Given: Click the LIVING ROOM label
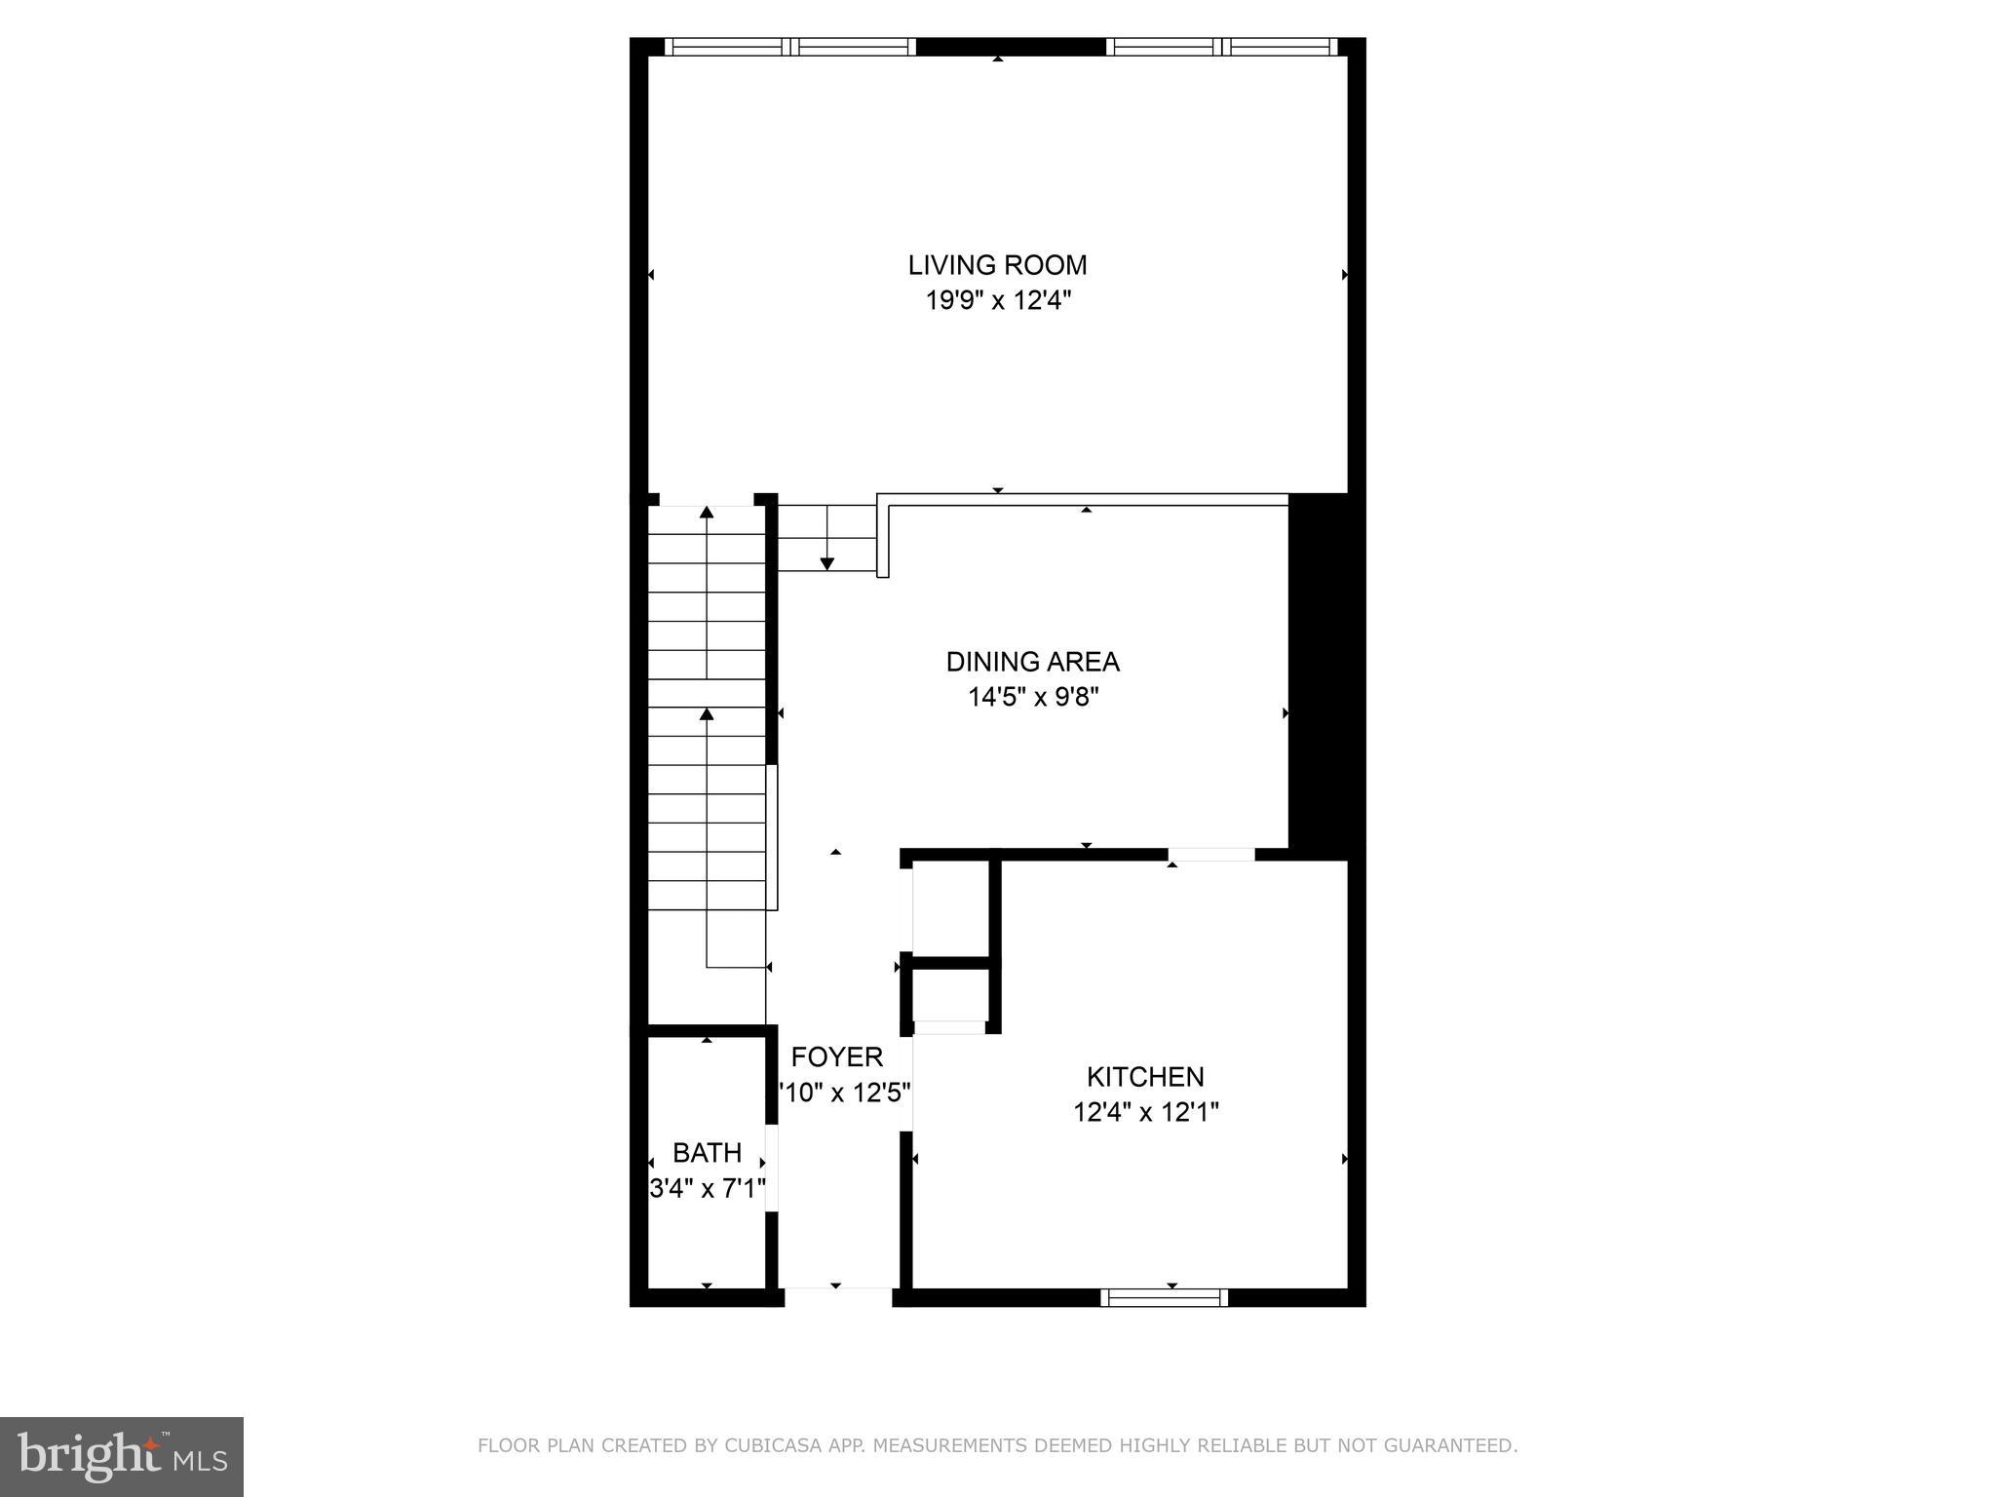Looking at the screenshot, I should coord(997,265).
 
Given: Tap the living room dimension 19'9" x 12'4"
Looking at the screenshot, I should coord(998,300).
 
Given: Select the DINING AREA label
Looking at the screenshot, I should coord(1032,662).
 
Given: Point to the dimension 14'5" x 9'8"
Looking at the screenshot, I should coord(1033,697).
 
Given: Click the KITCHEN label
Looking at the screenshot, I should coord(1145,1077).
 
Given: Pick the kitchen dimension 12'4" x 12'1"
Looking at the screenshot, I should coord(1146,1112).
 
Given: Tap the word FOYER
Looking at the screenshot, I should coord(837,1057).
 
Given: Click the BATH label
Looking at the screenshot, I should coord(707,1153).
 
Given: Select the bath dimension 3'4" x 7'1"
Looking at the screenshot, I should coord(708,1189).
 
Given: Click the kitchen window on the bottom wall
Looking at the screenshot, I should coord(1164,1297).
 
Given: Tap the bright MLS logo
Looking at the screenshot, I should coord(122,1456).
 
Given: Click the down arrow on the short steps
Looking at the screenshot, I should coord(827,562).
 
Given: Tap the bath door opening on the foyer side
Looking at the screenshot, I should coord(772,1168).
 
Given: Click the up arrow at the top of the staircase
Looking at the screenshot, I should coord(707,513).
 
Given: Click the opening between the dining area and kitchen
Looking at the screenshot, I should coord(1210,855).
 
